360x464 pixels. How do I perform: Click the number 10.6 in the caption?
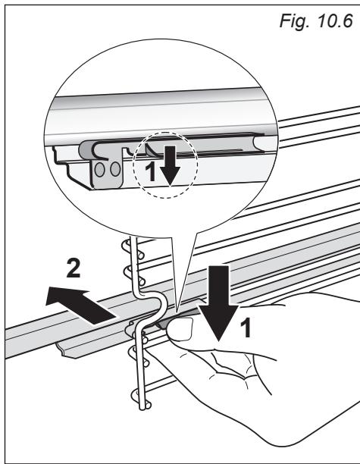(335, 20)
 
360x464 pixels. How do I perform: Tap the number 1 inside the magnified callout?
(151, 172)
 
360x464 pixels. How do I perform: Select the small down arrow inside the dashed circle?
(170, 166)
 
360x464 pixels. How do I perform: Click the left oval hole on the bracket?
(100, 170)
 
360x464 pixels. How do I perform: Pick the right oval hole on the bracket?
(115, 170)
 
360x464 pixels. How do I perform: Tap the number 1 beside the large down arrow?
(246, 328)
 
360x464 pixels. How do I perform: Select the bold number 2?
(74, 268)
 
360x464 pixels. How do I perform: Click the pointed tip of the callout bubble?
(176, 312)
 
